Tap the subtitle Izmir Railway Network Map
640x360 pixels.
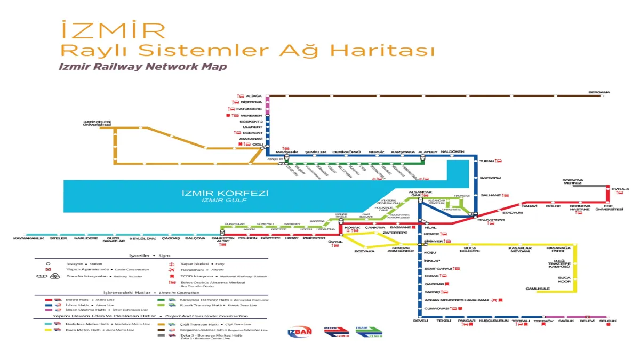(143, 67)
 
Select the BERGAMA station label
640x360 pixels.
(599, 92)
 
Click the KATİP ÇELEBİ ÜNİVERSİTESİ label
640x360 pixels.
(97, 123)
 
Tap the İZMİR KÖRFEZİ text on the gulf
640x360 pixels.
(225, 193)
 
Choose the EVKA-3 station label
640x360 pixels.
(620, 189)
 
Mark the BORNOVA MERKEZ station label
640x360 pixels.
(573, 182)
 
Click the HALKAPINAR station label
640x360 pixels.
(491, 220)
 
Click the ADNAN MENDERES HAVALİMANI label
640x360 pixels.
(456, 300)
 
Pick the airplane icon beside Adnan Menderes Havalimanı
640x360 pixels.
(494, 300)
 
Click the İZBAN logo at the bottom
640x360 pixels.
(300, 332)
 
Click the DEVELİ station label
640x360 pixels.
(421, 321)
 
